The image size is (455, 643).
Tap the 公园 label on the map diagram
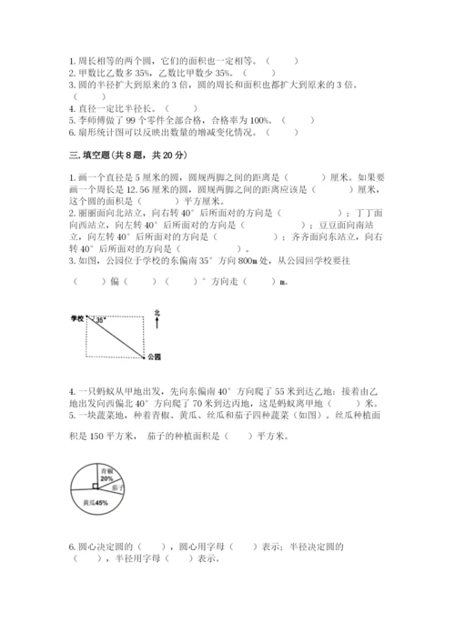[153, 357]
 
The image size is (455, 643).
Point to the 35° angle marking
[99, 320]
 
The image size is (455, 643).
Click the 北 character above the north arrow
[157, 311]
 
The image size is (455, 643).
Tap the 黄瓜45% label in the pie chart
[94, 501]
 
